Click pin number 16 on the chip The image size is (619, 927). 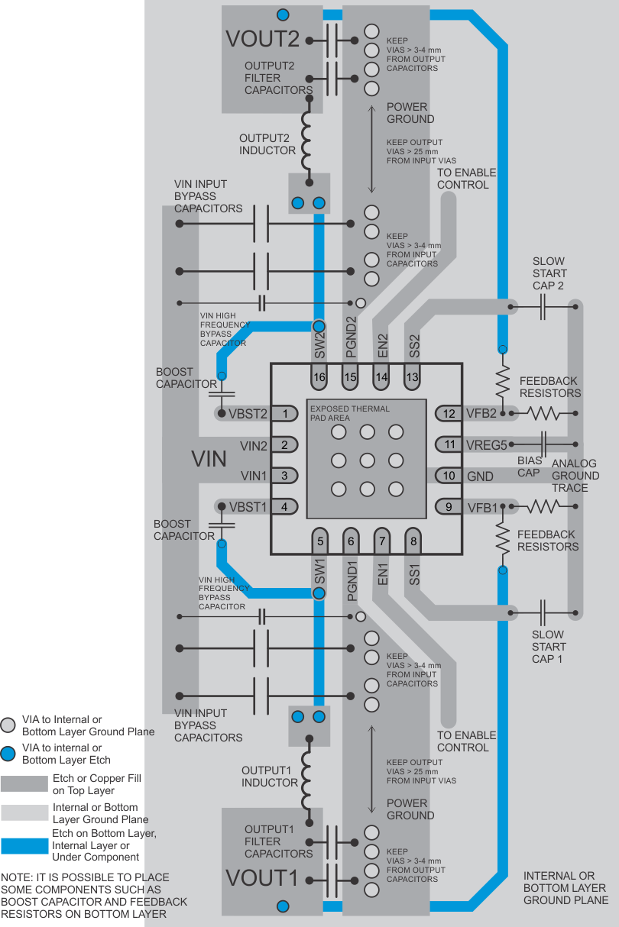(319, 376)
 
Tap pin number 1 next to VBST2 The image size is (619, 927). (284, 414)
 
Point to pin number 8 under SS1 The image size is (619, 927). (413, 541)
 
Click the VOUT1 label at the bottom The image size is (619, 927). (261, 877)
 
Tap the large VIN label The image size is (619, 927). (209, 459)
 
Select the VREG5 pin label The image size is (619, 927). (487, 444)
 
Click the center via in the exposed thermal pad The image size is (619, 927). (367, 460)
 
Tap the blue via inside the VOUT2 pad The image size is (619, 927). (284, 15)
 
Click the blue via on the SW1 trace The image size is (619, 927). (319, 593)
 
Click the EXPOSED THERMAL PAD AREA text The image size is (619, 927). (349, 413)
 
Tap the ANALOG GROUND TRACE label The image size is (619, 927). (575, 476)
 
